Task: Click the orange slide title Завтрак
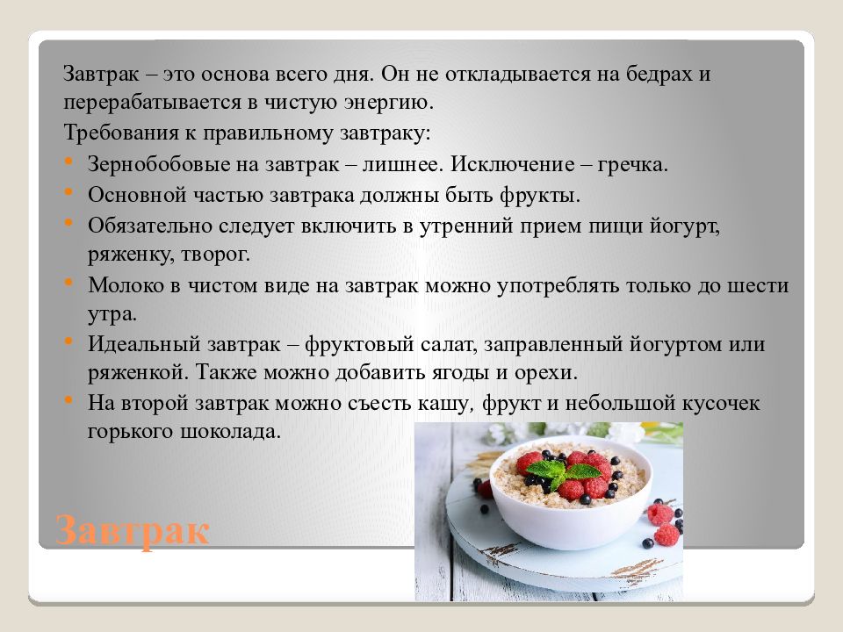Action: [x=133, y=530]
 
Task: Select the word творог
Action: [x=220, y=255]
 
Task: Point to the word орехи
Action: [x=548, y=372]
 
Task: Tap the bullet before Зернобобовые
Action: [x=68, y=163]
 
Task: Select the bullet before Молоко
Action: [x=68, y=284]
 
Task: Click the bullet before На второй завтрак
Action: [x=68, y=402]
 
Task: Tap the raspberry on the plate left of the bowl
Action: [x=485, y=488]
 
